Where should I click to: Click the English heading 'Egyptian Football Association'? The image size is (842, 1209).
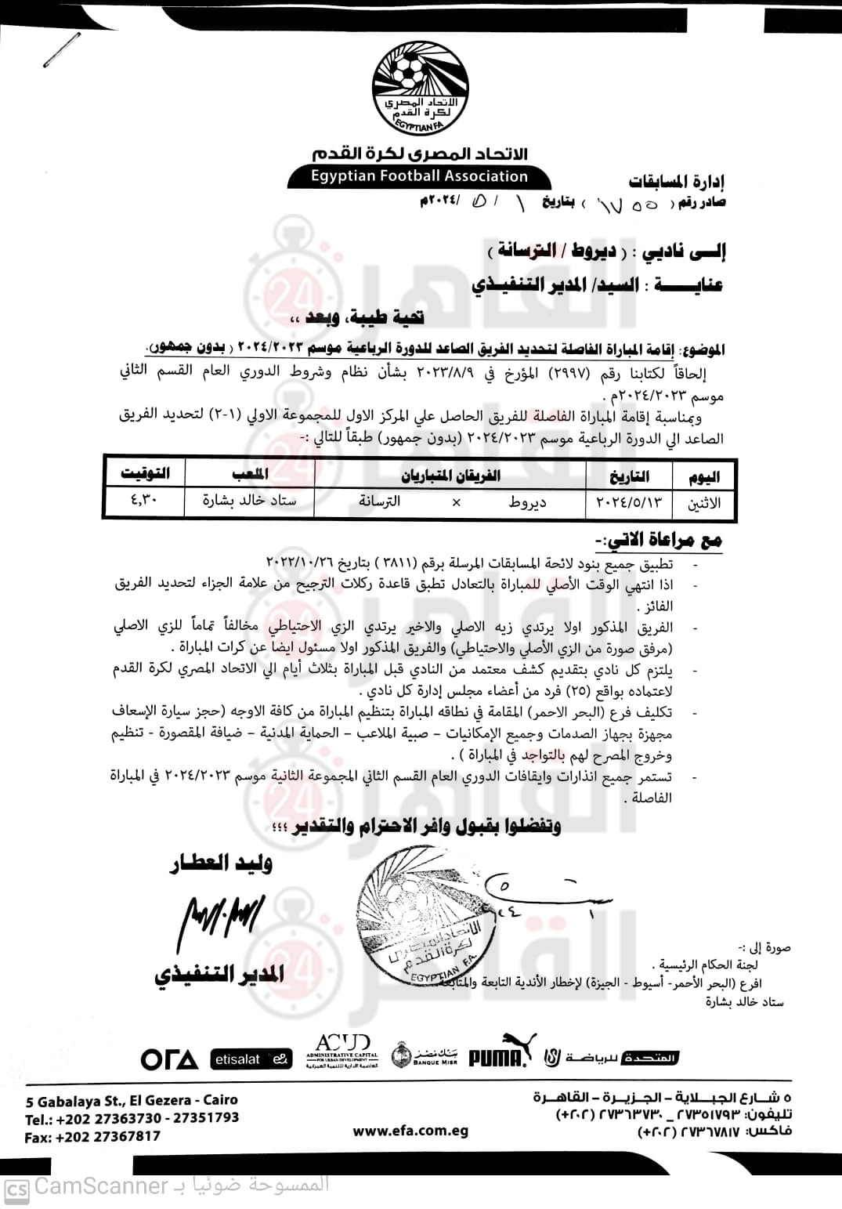point(419,177)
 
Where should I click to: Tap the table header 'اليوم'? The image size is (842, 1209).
point(702,476)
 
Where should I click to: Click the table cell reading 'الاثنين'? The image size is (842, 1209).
point(703,503)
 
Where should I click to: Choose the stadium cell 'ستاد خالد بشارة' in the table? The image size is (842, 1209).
point(249,500)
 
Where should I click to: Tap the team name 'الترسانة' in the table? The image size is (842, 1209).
point(379,501)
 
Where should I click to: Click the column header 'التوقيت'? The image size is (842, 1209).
point(145,473)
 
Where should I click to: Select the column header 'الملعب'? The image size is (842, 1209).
point(250,473)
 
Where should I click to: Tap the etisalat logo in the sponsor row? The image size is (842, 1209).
point(251,1059)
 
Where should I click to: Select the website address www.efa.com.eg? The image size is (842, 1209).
point(410,1131)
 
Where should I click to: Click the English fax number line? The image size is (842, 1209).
point(92,1136)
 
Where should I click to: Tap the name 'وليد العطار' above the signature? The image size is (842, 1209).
point(222,863)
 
